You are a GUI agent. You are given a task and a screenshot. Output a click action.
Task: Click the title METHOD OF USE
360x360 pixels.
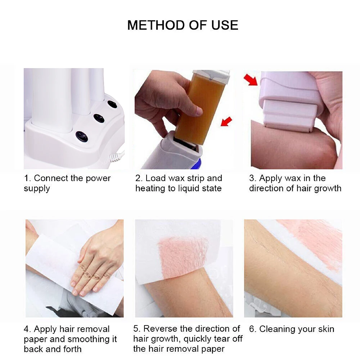[x=183, y=25]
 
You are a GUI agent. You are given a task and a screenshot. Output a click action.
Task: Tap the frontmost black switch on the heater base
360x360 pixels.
[x=82, y=136]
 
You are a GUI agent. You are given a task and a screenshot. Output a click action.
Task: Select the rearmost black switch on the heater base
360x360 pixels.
[x=112, y=104]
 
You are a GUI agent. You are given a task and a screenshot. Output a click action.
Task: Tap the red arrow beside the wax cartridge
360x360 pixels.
[x=226, y=122]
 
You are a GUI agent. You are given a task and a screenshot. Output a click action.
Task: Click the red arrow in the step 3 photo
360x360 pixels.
[x=251, y=80]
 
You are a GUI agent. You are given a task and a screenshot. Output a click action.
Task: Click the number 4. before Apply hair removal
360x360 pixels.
[x=27, y=329]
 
